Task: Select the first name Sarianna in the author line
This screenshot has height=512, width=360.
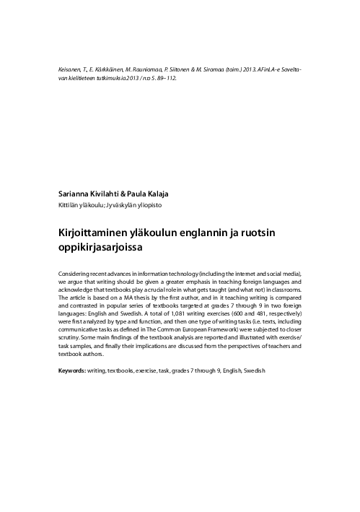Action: pos(74,194)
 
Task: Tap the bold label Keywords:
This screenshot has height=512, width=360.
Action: pos(74,370)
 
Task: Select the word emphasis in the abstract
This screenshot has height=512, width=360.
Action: pos(193,285)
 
